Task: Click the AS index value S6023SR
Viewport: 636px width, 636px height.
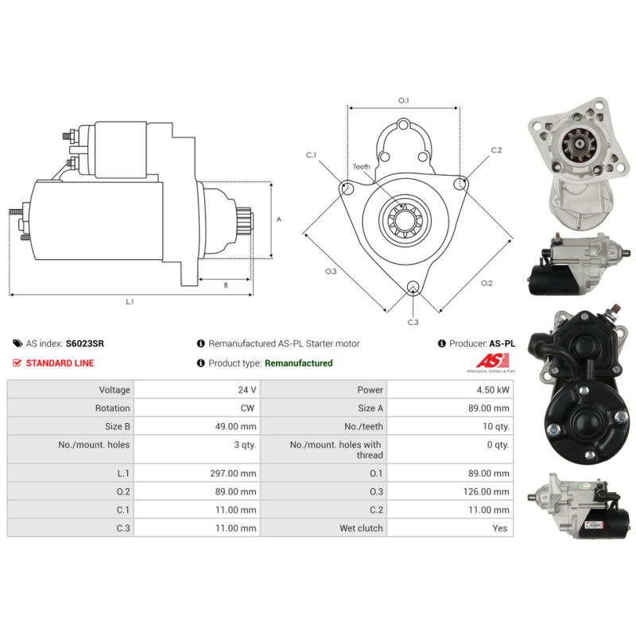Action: pos(84,343)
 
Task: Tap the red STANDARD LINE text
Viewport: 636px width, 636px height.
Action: pos(60,363)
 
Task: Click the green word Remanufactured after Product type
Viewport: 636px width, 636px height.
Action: pos(298,363)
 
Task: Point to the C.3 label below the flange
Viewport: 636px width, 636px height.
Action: pos(413,322)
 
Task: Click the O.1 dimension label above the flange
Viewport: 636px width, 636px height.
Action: pos(403,101)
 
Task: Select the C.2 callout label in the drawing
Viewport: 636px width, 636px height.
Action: pos(496,149)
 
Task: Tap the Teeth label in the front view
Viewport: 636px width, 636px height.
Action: pos(362,167)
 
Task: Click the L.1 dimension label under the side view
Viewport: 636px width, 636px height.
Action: pos(130,301)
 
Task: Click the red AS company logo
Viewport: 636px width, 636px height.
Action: pos(487,363)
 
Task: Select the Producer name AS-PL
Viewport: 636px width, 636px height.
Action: pos(502,343)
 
